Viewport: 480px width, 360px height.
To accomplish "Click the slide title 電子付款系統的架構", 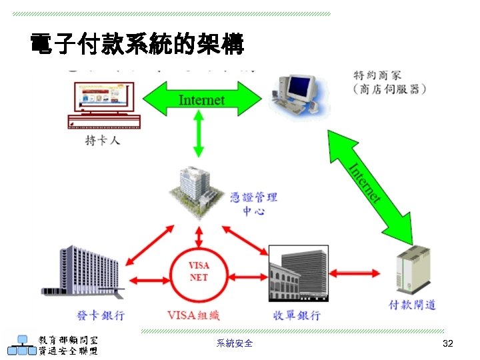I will pyautogui.click(x=137, y=45).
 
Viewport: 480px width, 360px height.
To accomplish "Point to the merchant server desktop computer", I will pyautogui.click(x=297, y=93).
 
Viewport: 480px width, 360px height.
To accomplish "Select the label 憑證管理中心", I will pyautogui.click(x=253, y=203).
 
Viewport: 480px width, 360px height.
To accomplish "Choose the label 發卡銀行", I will pyautogui.click(x=101, y=314).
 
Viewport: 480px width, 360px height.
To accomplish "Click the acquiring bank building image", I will pyautogui.click(x=298, y=273).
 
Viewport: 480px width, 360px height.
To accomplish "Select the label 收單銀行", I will pyautogui.click(x=297, y=314).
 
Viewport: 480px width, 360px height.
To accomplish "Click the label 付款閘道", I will pyautogui.click(x=412, y=305).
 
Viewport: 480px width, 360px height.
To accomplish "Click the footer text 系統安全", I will pyautogui.click(x=235, y=343).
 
